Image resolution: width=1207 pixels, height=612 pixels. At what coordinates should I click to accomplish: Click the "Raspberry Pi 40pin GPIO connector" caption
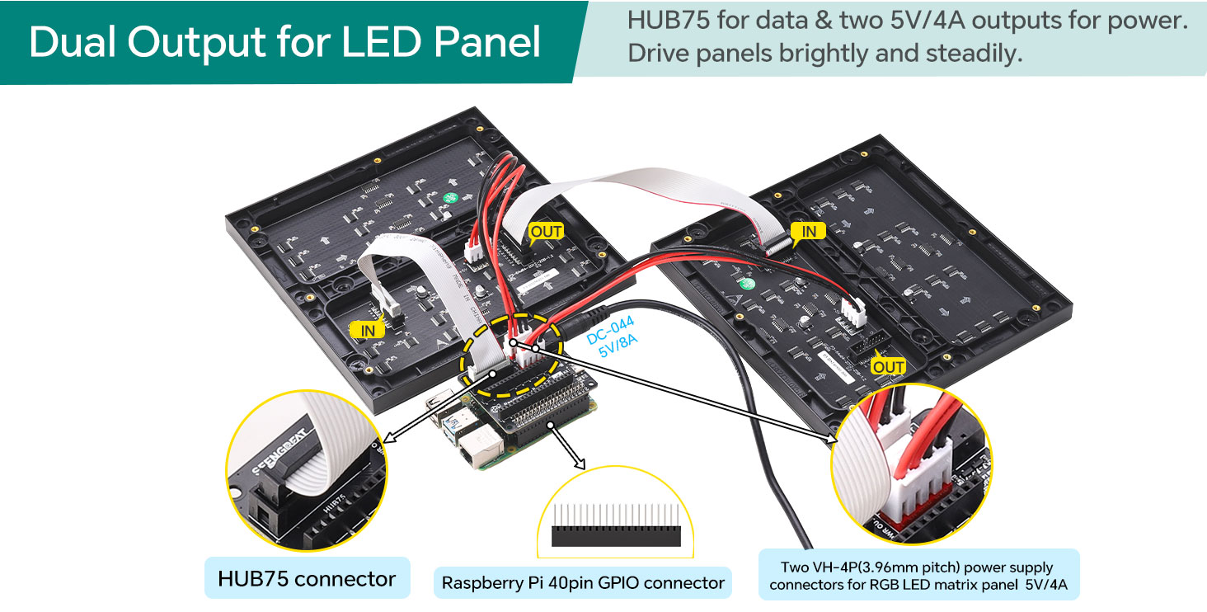coord(583,583)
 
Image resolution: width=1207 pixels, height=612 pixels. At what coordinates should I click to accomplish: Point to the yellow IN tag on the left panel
coord(368,330)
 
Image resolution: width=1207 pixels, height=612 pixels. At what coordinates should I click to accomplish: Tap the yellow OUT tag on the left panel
coord(546,232)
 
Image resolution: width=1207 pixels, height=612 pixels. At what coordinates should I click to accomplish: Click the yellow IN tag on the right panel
coord(809,232)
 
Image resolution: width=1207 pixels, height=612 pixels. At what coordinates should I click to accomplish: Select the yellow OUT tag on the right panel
coord(889,366)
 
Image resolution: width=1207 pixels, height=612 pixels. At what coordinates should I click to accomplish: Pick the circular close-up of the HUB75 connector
coord(306,470)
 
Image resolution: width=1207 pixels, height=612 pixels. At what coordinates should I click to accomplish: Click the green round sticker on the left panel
coord(450,198)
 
